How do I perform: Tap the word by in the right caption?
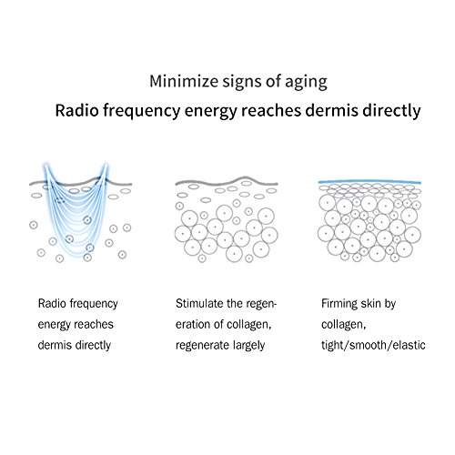[402, 302]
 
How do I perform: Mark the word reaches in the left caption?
[96, 324]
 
